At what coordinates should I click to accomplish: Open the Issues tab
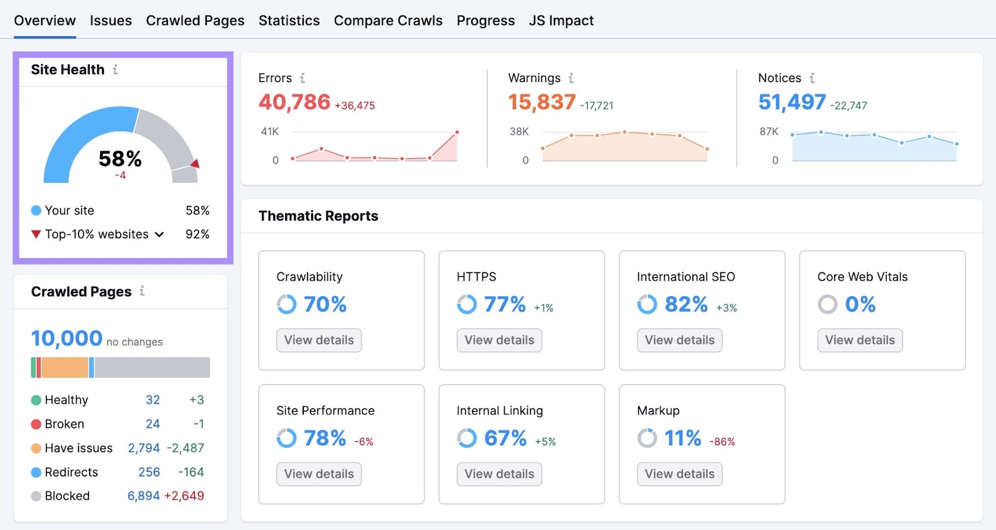point(110,21)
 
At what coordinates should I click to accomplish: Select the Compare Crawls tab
point(388,21)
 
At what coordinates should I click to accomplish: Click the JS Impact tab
point(561,21)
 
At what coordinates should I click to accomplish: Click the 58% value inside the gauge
point(120,159)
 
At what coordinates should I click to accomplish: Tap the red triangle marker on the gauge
point(195,164)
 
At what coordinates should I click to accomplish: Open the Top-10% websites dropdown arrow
point(159,235)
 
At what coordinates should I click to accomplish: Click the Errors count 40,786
point(294,102)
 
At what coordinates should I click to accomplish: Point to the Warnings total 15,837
point(542,102)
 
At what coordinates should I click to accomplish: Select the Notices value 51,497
point(792,102)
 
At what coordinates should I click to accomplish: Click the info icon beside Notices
point(812,78)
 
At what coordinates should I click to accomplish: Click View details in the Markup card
point(679,474)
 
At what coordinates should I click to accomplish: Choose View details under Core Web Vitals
point(860,340)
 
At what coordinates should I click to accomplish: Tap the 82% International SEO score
point(686,304)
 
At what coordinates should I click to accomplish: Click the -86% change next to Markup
point(722,442)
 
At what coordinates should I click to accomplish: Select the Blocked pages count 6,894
point(144,496)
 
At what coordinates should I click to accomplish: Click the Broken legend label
point(64,424)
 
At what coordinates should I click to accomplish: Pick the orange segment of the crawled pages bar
point(65,368)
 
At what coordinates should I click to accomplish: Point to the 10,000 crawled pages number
point(67,338)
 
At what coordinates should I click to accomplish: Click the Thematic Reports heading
point(318,216)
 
